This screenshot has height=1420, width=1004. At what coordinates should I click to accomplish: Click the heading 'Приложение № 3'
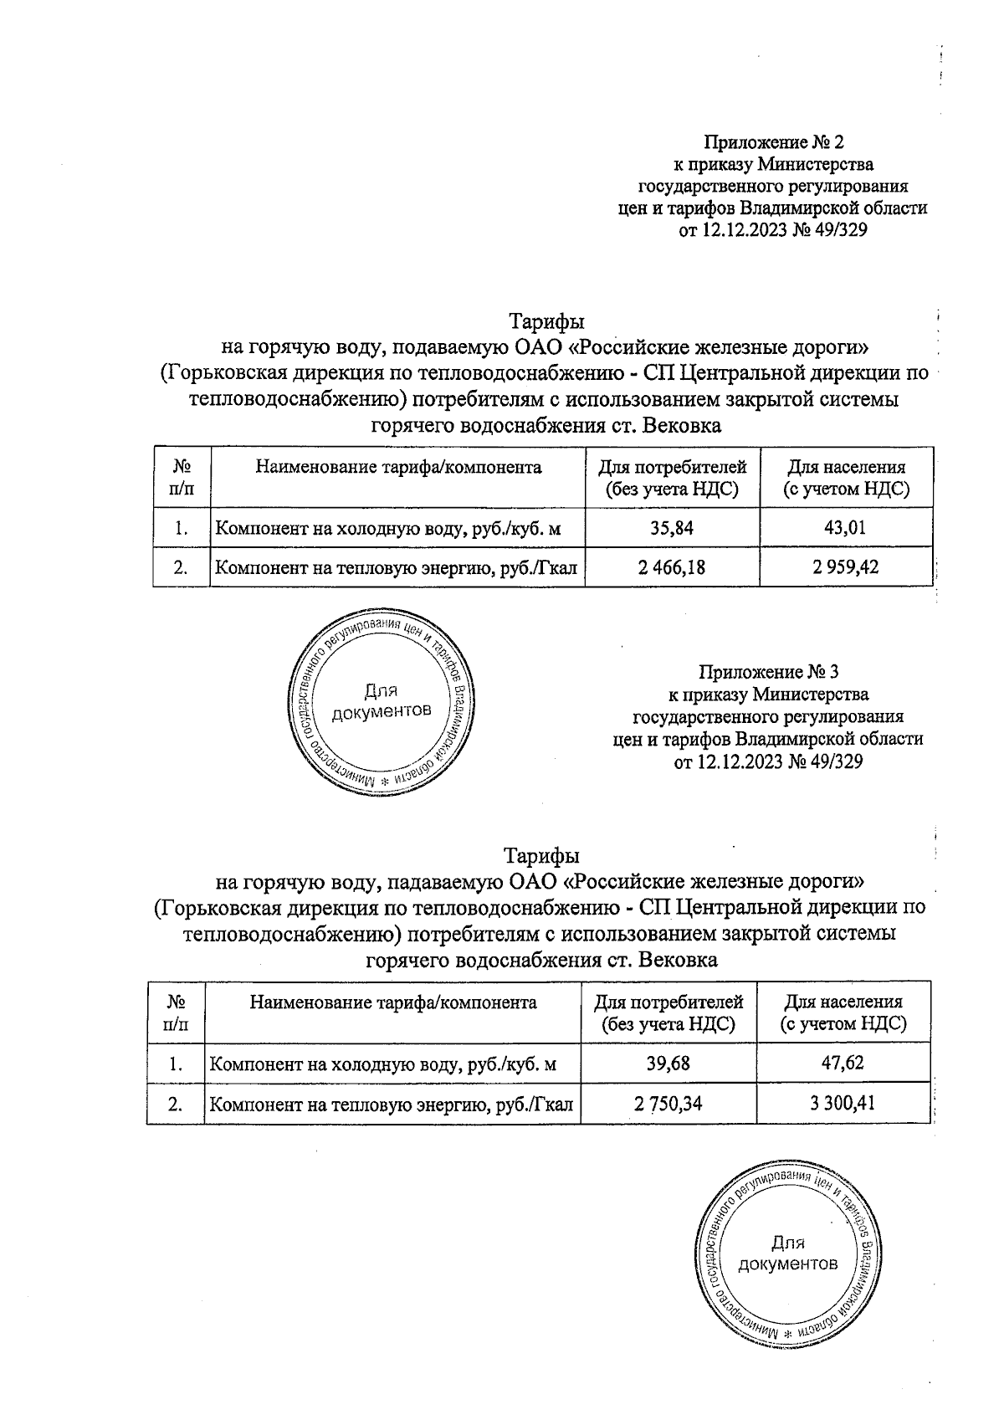tap(768, 672)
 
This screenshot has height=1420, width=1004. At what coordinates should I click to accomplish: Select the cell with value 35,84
tap(672, 527)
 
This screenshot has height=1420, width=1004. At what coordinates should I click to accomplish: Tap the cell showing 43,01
tap(845, 527)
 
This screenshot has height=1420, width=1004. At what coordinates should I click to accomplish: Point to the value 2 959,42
tap(845, 567)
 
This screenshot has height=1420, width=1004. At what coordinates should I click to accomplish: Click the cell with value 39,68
tap(668, 1064)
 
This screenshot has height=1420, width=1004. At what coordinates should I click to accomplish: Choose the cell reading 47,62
tap(842, 1064)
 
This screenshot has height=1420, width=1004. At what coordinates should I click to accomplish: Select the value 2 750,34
tap(668, 1104)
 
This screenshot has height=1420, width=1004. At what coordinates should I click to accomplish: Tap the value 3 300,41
tap(842, 1104)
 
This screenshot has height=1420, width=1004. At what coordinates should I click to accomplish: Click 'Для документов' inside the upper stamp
tap(382, 701)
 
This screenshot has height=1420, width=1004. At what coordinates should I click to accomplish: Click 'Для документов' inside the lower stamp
tap(787, 1253)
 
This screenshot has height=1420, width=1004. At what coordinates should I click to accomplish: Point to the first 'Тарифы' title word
tap(546, 321)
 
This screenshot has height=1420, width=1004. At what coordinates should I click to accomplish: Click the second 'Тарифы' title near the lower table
tap(541, 856)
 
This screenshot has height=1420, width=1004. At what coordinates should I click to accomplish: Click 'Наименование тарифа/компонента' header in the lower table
tap(393, 1002)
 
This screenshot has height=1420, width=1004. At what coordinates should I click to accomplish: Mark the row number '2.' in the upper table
tap(180, 567)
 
